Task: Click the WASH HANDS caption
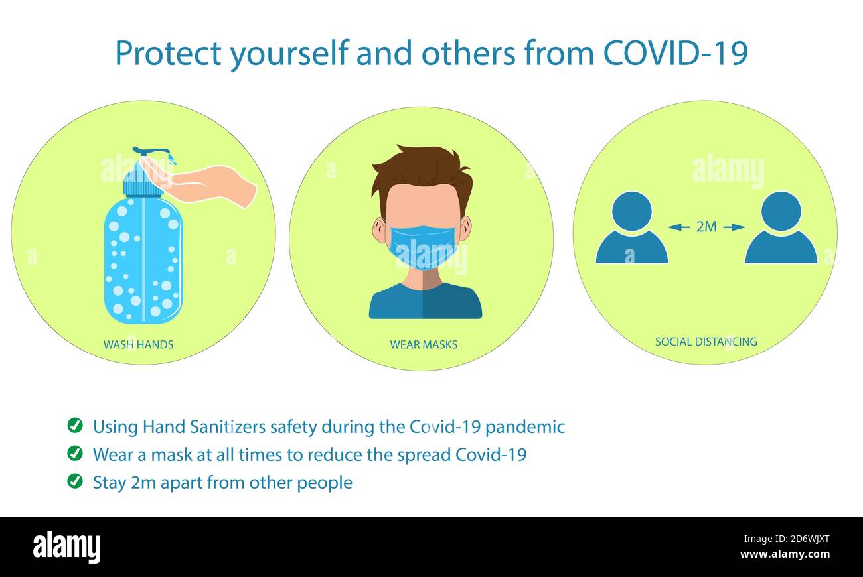tap(138, 344)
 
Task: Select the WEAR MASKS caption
tap(424, 344)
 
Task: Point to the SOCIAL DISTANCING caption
tap(706, 342)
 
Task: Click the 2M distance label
tap(706, 227)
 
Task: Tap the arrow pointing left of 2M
tap(678, 227)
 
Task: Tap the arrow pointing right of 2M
tap(734, 227)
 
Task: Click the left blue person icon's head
tap(631, 212)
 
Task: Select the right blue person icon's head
tap(781, 212)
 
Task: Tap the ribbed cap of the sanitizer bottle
tap(142, 182)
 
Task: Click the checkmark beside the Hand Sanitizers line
tap(75, 425)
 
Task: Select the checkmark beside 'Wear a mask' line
tap(75, 454)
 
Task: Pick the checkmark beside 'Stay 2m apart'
tap(75, 481)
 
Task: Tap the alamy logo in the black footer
tap(66, 547)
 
